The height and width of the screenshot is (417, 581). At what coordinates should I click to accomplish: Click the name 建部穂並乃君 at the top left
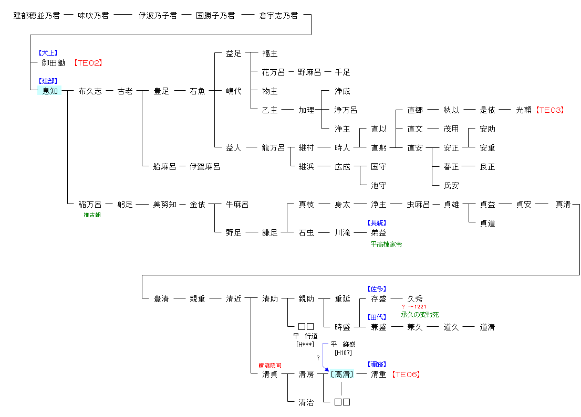click(36, 16)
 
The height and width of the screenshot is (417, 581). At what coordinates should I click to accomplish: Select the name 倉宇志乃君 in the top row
click(278, 16)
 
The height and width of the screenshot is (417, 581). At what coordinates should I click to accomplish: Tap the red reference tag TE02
click(88, 63)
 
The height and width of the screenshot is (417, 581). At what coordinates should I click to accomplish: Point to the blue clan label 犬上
click(47, 53)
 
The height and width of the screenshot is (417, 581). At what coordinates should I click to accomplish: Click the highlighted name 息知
click(50, 91)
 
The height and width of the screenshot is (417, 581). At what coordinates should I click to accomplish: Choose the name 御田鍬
click(54, 63)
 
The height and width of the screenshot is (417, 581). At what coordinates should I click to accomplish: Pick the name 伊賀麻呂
click(205, 167)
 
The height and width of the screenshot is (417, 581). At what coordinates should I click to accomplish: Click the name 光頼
click(524, 110)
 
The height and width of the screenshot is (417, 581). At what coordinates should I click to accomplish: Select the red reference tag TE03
click(549, 110)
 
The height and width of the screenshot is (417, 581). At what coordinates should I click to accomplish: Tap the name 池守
click(378, 186)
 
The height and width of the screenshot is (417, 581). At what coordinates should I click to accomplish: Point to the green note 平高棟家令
click(386, 244)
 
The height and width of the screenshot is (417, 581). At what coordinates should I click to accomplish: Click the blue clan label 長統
click(378, 223)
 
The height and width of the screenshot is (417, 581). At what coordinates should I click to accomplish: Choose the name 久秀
click(415, 299)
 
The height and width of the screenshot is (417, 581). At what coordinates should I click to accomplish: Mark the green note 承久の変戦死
click(420, 314)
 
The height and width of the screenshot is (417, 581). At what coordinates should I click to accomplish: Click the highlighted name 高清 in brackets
click(342, 375)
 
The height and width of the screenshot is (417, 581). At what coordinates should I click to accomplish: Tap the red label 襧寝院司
click(270, 365)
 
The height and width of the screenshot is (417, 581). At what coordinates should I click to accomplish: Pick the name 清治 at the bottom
click(306, 402)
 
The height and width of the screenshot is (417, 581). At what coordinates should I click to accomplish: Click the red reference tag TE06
click(406, 375)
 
